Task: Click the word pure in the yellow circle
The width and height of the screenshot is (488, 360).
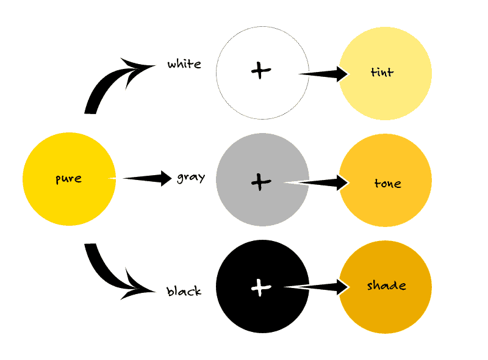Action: point(68,179)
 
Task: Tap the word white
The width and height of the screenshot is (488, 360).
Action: point(184,64)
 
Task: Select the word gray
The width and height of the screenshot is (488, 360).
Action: point(191,178)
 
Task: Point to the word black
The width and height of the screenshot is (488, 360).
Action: point(184,291)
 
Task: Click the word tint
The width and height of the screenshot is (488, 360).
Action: point(382,72)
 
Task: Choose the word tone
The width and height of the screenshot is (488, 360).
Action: point(387,183)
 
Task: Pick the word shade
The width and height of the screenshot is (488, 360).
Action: point(387,286)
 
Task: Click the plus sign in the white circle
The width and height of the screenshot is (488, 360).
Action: point(261,70)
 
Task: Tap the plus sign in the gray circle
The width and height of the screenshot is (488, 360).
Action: point(261,182)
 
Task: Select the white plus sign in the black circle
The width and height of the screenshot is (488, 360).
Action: point(261,287)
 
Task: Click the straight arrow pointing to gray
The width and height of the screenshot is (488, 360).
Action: point(147,178)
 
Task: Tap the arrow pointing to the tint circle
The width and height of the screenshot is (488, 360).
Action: point(324,74)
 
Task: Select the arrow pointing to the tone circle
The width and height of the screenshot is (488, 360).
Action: point(317,182)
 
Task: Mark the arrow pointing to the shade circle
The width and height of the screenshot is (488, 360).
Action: point(317,287)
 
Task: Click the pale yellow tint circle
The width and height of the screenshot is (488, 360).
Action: point(386,73)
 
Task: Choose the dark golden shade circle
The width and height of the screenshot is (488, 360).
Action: point(386,287)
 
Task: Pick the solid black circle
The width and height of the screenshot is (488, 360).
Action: point(262,287)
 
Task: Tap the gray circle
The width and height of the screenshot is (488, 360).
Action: point(262,179)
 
